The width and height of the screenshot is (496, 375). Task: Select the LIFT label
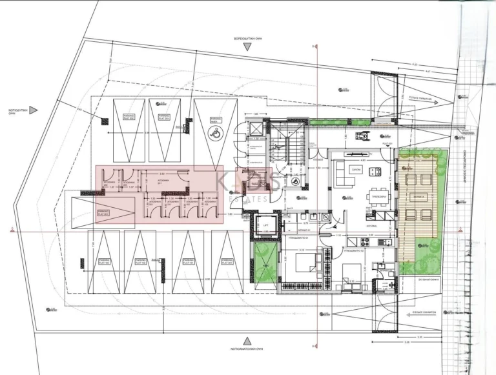pos(265,225)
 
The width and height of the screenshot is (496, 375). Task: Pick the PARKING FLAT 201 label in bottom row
pos(226,262)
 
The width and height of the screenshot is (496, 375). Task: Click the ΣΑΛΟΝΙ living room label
pos(355,169)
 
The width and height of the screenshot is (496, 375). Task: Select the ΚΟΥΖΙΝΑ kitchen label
pos(362,227)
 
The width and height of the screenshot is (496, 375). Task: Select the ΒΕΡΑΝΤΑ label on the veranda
pos(419,195)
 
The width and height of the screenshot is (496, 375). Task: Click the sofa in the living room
pos(340,175)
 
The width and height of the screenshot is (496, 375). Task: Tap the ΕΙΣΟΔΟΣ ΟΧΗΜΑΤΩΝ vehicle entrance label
pos(424,311)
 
